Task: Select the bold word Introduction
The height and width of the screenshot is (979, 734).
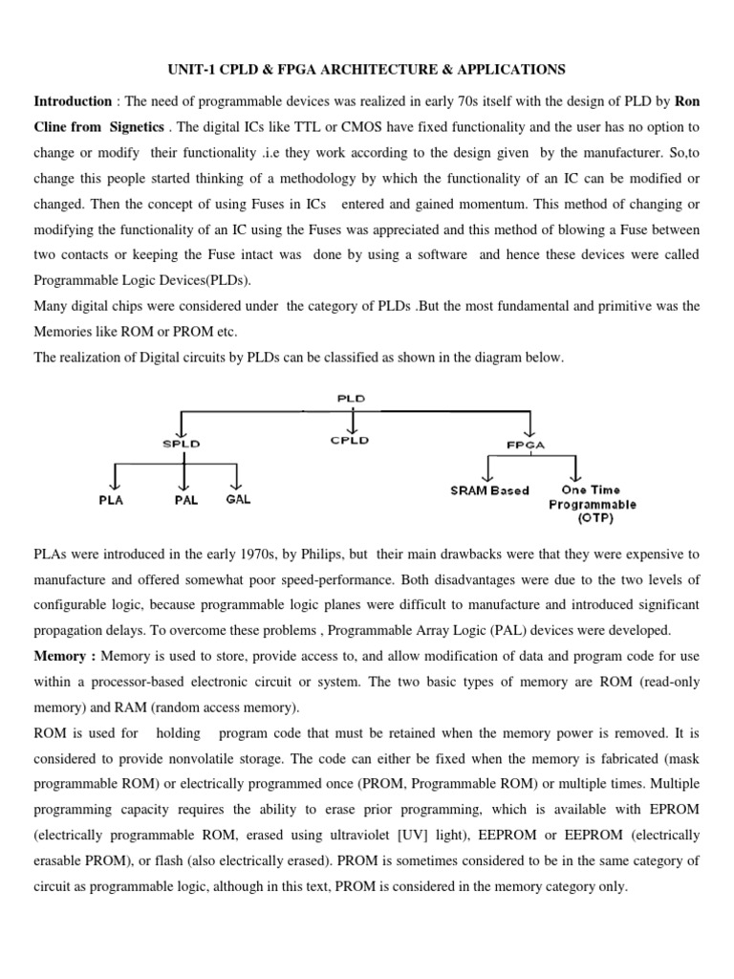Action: point(73,100)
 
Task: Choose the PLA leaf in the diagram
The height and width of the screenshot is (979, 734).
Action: point(113,499)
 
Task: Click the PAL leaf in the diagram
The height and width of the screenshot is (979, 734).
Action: point(185,500)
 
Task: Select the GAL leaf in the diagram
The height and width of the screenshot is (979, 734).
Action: point(239,499)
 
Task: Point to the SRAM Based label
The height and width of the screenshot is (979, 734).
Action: point(489,490)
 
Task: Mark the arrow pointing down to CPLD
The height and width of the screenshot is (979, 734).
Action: point(354,422)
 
